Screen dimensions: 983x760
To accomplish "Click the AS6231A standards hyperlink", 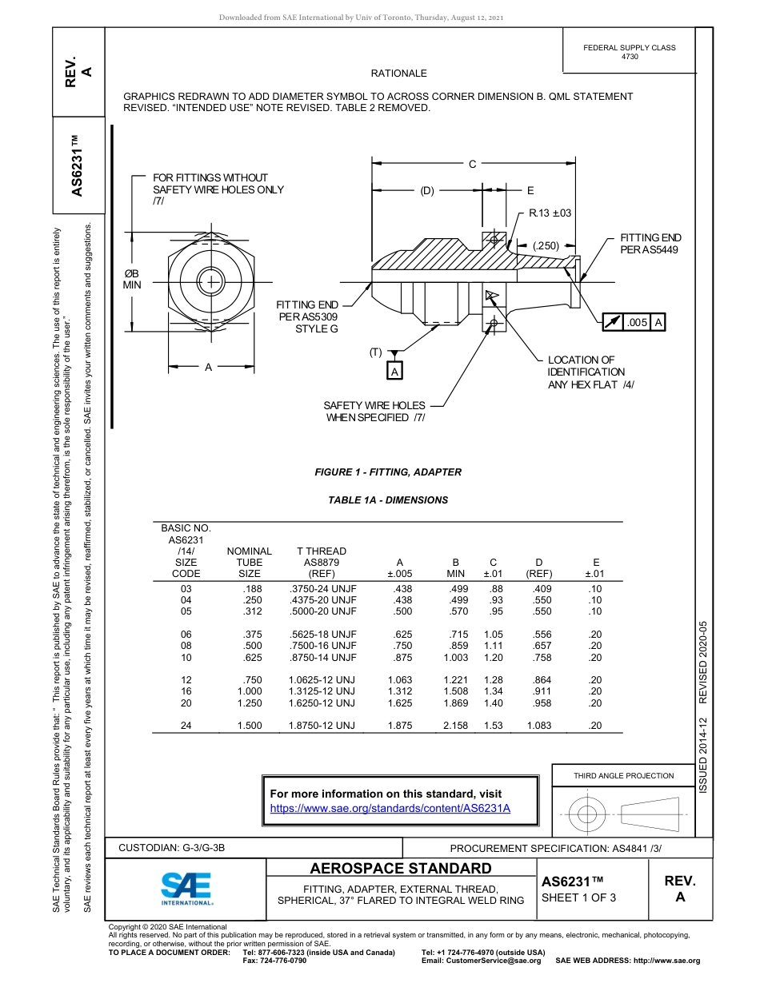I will click(390, 808).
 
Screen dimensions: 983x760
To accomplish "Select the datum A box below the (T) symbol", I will click(394, 372).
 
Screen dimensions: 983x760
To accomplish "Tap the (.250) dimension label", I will click(546, 246).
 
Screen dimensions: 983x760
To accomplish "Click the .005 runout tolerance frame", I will click(634, 322).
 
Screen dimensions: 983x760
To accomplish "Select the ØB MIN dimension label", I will click(131, 279).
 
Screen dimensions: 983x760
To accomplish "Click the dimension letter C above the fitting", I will click(472, 164).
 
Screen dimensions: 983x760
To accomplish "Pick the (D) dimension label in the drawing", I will click(426, 191).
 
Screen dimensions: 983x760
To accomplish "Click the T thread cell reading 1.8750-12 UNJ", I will click(322, 726).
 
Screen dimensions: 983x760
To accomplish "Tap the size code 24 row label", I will click(186, 726).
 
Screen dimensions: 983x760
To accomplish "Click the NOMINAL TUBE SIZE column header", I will click(250, 562).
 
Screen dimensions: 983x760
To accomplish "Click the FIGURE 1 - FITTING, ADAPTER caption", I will click(388, 472).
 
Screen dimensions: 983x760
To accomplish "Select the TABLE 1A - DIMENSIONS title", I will click(388, 500).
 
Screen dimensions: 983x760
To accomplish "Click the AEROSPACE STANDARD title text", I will click(401, 869).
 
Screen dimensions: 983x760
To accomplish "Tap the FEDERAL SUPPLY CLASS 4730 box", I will click(630, 52).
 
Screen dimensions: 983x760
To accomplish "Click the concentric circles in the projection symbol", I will click(587, 814).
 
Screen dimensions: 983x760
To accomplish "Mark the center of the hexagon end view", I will click(211, 281).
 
